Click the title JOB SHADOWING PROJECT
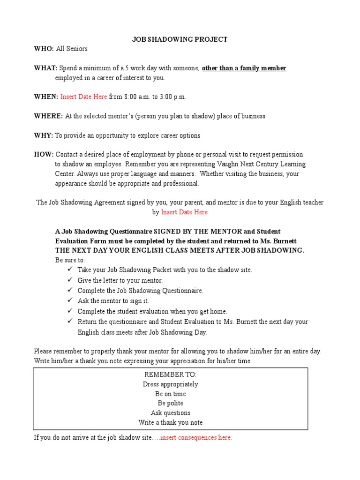tap(180, 39)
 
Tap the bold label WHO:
tap(44, 49)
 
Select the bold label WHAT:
tap(45, 68)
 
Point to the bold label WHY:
tap(44, 135)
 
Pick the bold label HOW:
tap(44, 154)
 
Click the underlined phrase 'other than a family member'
tap(244, 68)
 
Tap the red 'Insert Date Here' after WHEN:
tap(83, 97)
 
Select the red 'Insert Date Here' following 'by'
tap(184, 212)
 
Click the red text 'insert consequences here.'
tap(196, 438)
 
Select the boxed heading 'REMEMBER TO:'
tap(171, 375)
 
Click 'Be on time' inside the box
tap(171, 394)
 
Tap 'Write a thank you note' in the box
tap(171, 422)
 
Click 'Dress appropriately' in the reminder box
tap(171, 384)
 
